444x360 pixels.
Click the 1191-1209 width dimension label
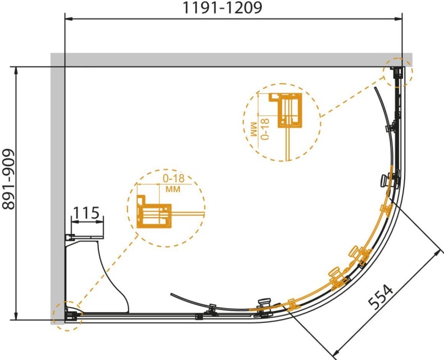(223, 8)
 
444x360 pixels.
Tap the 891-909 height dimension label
(8, 179)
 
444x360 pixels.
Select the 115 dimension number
(87, 213)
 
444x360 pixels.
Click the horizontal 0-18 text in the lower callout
(174, 178)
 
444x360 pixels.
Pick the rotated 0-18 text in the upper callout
(265, 129)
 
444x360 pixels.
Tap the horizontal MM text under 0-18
(173, 189)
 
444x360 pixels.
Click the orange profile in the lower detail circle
(154, 211)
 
